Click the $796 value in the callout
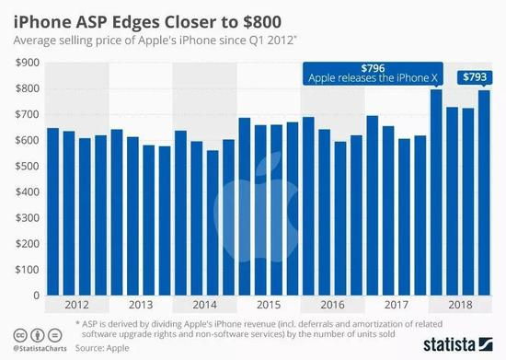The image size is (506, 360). pos(373,68)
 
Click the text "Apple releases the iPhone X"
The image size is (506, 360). pos(373,80)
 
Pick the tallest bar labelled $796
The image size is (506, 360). pos(437,193)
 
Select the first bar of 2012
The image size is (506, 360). pos(52,212)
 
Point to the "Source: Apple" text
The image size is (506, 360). pos(102,350)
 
